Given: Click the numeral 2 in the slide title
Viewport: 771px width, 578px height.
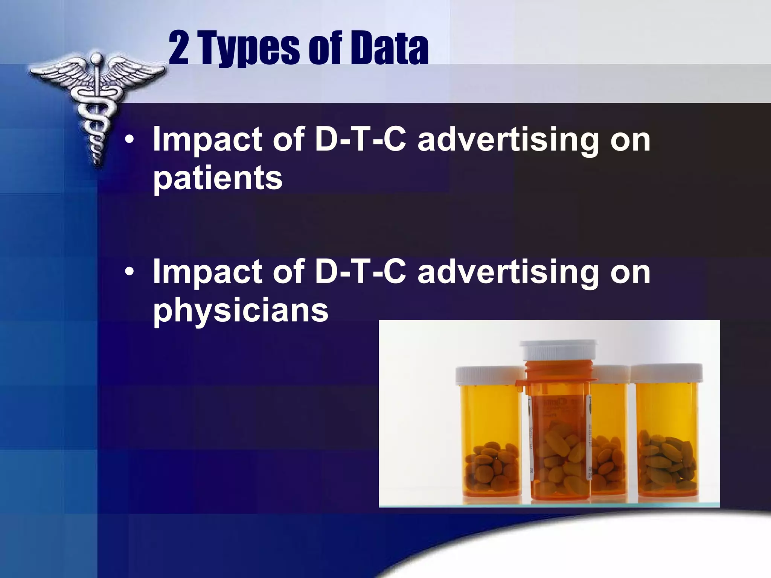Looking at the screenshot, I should point(179,48).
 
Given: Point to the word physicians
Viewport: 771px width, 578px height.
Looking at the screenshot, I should point(241,311).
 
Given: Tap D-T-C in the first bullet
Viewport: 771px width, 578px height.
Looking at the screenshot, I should point(361,139).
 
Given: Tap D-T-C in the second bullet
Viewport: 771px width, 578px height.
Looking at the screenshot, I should point(361,271).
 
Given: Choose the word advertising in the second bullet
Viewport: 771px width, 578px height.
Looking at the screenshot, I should point(508,272).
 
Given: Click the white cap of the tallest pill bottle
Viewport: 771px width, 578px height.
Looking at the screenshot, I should point(559,350).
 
